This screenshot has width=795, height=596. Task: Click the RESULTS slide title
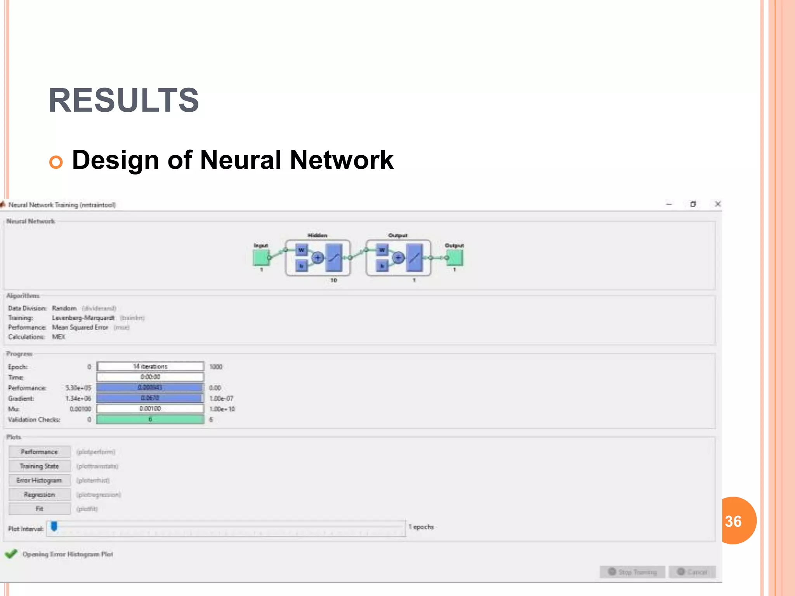tap(123, 100)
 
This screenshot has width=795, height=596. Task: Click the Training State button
tap(40, 466)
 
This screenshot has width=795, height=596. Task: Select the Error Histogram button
tap(40, 480)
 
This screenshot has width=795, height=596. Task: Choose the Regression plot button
tap(40, 495)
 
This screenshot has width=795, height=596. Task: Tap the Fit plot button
tap(40, 509)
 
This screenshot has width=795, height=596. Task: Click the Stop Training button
tap(632, 572)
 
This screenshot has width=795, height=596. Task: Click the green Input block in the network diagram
tap(261, 257)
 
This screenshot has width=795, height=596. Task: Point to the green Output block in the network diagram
tap(455, 257)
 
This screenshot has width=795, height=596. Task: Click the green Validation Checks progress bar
tap(150, 419)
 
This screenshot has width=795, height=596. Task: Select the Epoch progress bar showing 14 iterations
tap(150, 367)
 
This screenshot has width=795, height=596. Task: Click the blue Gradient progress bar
tap(150, 398)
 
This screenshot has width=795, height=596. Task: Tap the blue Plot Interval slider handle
tap(54, 526)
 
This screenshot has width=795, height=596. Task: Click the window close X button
tap(718, 204)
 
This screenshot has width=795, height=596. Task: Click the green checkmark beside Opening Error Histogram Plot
tap(11, 554)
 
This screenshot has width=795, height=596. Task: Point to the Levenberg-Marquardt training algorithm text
tap(83, 318)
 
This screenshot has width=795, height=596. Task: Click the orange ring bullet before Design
tap(56, 162)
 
